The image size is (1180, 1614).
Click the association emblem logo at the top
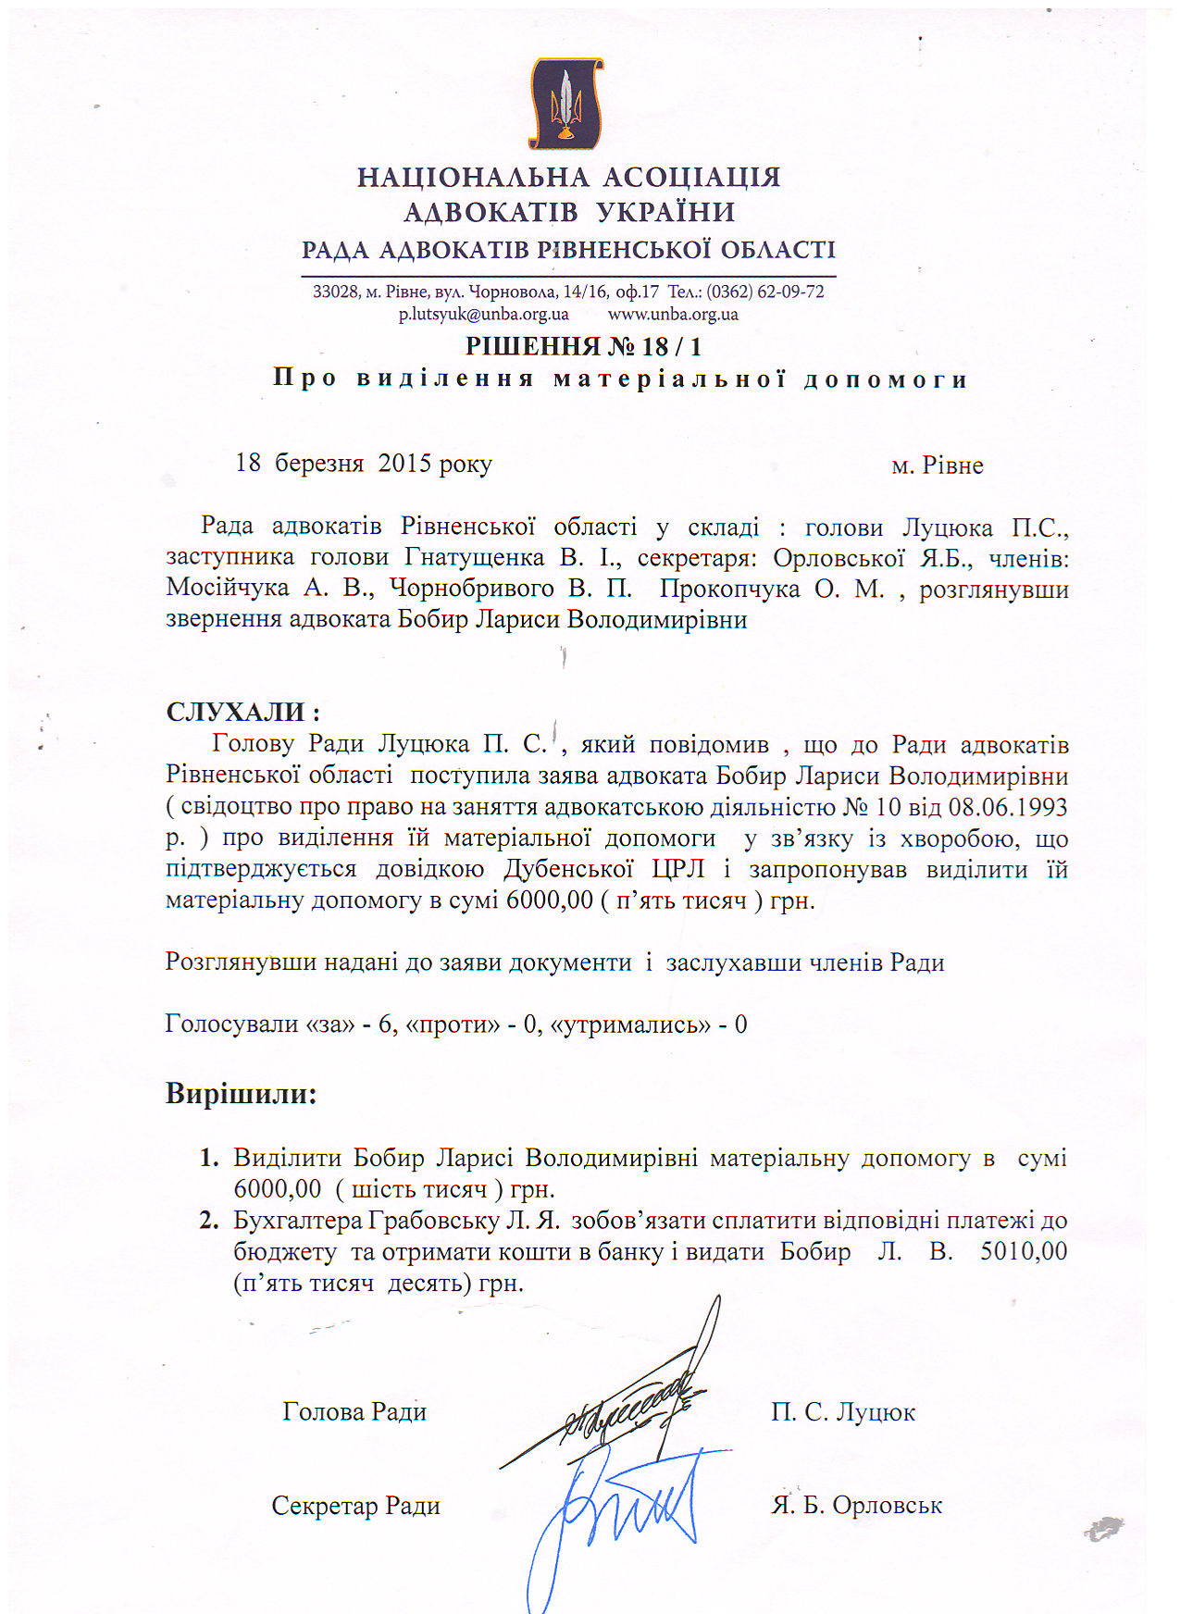pos(566,104)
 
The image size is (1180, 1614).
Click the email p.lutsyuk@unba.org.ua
pos(483,315)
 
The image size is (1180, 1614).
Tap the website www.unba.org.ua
pos(673,315)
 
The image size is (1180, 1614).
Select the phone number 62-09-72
pos(790,292)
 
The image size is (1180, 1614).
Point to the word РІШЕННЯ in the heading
pos(532,347)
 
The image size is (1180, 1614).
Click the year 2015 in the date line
pos(404,464)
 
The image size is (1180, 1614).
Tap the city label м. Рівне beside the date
pos(937,466)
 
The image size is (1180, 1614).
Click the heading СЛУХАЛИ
pos(242,713)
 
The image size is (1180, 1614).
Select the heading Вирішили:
pos(241,1094)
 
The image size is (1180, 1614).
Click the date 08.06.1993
pos(1008,807)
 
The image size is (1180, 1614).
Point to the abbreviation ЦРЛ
pos(678,870)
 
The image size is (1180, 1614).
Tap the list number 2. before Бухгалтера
pos(209,1221)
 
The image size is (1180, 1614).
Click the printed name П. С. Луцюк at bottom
pos(843,1412)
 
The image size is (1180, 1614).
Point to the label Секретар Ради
pos(355,1506)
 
